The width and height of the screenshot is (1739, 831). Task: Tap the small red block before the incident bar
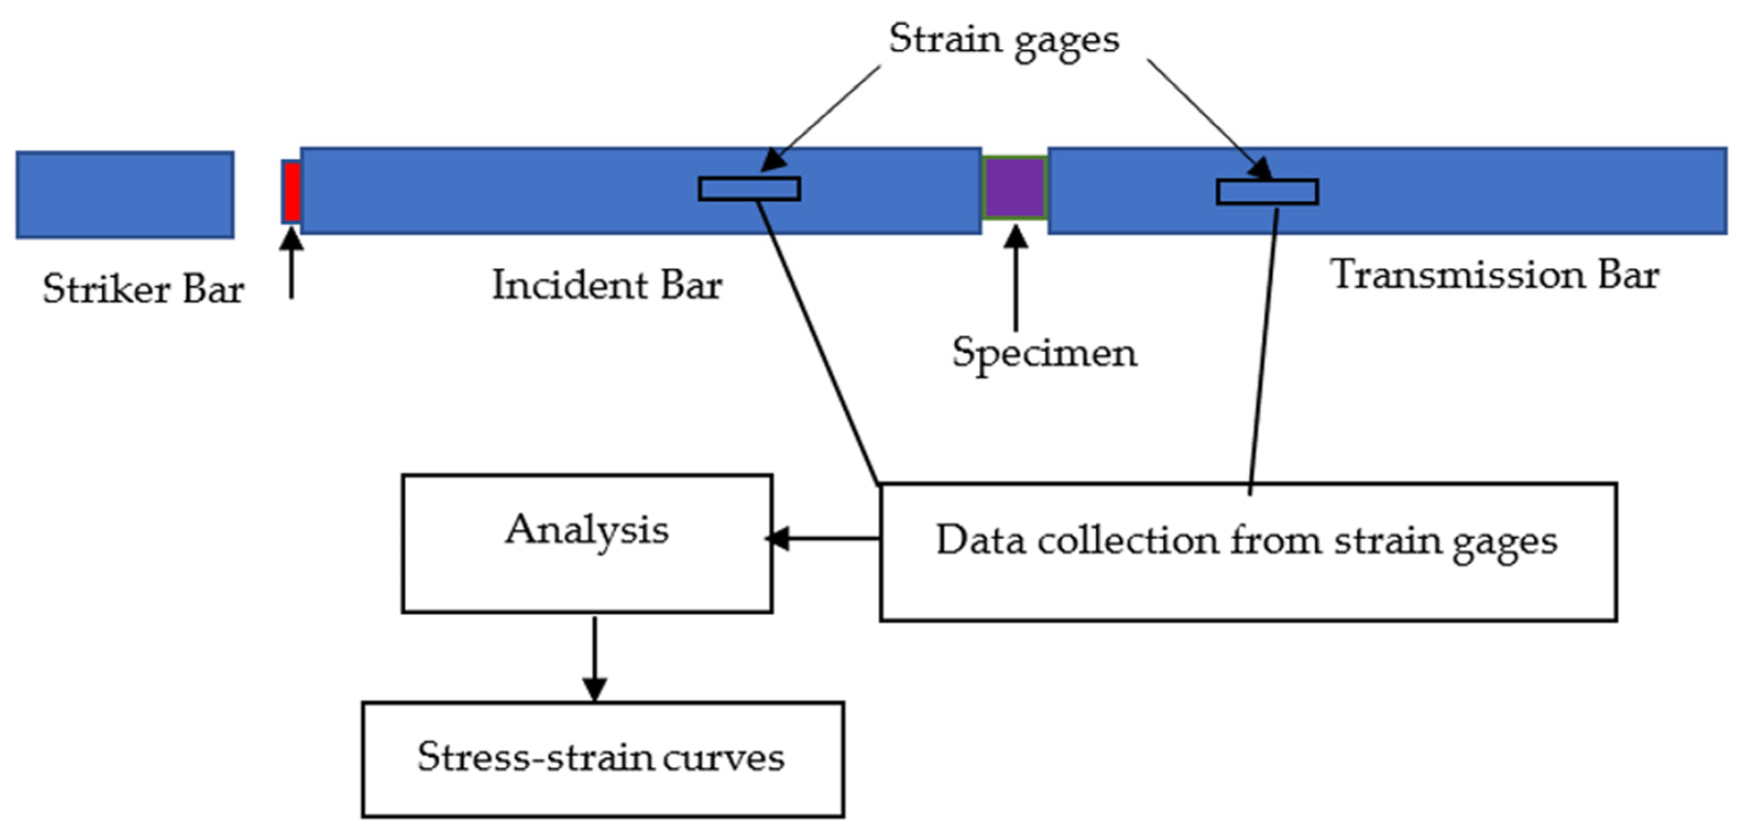pyautogui.click(x=292, y=192)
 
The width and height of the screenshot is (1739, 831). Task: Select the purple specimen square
pyautogui.click(x=1014, y=188)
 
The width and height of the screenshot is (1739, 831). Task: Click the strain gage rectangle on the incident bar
pyautogui.click(x=750, y=189)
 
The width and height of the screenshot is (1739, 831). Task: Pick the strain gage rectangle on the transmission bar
pyautogui.click(x=1267, y=192)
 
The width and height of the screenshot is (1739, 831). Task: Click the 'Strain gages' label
pyautogui.click(x=1003, y=39)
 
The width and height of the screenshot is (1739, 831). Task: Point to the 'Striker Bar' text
pyautogui.click(x=143, y=290)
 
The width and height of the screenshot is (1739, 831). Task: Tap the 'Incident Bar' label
pyautogui.click(x=606, y=286)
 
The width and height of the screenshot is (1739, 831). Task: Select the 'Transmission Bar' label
pyautogui.click(x=1494, y=275)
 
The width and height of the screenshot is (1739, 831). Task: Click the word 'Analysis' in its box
pyautogui.click(x=587, y=530)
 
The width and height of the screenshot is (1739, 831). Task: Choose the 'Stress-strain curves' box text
pyautogui.click(x=600, y=757)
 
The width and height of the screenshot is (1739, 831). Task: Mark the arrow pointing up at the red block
pyautogui.click(x=292, y=263)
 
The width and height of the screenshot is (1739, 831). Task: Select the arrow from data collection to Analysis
pyautogui.click(x=824, y=539)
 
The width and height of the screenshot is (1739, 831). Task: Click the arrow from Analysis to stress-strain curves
pyautogui.click(x=594, y=658)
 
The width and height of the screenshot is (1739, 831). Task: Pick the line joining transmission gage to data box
pyautogui.click(x=1263, y=351)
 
